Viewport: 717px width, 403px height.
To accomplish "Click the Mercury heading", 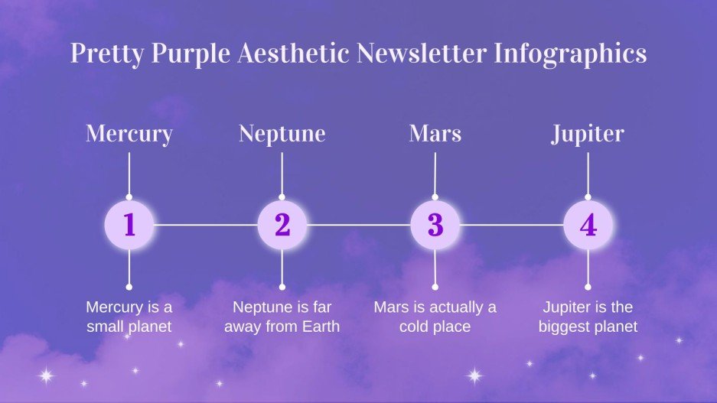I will (129, 134).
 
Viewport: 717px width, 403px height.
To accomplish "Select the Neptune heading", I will (282, 134).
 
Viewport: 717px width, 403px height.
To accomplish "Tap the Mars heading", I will (435, 134).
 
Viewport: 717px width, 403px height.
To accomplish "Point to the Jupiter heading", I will (588, 134).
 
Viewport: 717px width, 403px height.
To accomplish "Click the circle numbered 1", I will (129, 225).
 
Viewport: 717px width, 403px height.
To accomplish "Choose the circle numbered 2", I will (282, 225).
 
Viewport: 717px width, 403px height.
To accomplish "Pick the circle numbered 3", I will (435, 225).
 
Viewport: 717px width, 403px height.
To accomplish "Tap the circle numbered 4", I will (588, 225).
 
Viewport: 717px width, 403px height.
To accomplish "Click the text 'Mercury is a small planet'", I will (129, 317).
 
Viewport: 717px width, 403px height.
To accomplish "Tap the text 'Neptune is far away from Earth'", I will (282, 317).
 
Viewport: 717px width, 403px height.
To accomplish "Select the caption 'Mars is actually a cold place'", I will (435, 317).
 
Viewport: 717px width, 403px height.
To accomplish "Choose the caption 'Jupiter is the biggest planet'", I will (588, 317).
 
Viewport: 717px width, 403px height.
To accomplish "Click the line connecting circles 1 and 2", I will (205, 225).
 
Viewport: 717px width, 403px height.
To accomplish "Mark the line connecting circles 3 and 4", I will (511, 225).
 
